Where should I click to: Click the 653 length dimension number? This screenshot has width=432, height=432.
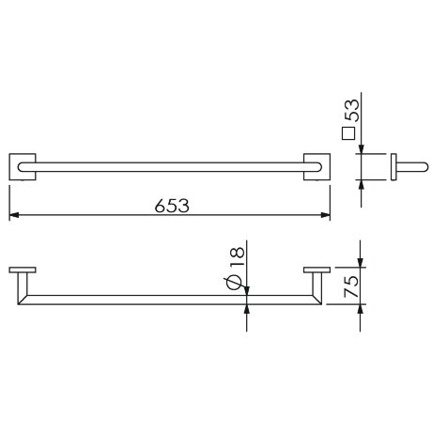[172, 206]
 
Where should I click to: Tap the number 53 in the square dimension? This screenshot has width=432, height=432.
[351, 110]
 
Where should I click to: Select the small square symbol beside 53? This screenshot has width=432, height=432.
[348, 133]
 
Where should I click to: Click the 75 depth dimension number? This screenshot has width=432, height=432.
[351, 286]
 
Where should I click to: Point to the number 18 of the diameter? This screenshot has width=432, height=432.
[237, 256]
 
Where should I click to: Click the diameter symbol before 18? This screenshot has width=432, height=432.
[233, 283]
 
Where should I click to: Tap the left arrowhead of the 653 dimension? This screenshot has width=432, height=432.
[14, 215]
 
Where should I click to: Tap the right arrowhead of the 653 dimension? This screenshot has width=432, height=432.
[325, 215]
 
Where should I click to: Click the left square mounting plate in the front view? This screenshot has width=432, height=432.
[23, 167]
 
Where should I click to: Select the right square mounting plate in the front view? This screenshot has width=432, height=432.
[316, 167]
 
